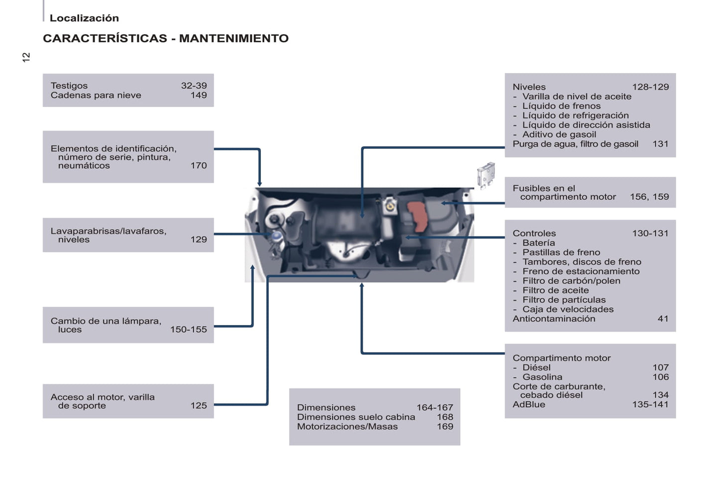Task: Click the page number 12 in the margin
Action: point(26,57)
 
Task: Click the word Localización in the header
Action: point(84,18)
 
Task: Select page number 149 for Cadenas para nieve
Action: point(199,95)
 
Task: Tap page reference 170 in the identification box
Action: point(199,165)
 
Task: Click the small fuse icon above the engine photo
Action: point(486,174)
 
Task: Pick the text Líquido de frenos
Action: point(561,106)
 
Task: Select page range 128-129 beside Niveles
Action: point(650,87)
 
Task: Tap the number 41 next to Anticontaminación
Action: point(663,319)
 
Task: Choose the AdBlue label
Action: point(529,404)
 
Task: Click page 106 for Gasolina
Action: point(660,377)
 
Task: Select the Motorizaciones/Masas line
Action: point(347,427)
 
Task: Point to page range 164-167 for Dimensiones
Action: point(434,407)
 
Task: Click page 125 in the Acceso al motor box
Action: point(199,405)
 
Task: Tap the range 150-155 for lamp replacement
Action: point(188,329)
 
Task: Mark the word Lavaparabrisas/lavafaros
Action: point(108,231)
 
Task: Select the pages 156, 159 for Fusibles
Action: point(649,197)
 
